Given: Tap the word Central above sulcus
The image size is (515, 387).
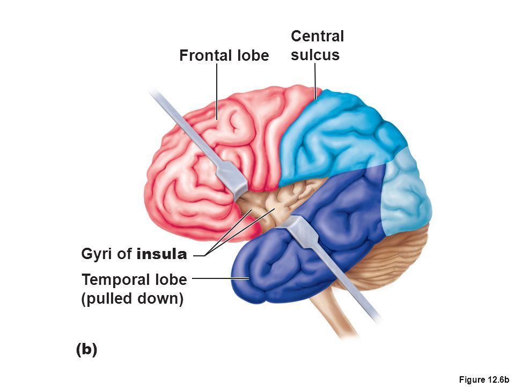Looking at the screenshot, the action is [317, 36].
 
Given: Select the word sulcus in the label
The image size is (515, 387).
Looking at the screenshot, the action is [315, 55].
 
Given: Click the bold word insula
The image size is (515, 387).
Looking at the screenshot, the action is [161, 254].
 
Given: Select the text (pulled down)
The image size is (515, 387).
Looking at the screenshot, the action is [133, 299].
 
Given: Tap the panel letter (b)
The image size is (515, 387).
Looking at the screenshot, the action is [87, 349].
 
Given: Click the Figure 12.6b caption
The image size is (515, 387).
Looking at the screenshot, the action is [484, 379].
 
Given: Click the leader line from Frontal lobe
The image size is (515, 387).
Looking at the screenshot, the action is [217, 91].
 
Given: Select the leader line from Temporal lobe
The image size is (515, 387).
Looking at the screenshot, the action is [220, 278].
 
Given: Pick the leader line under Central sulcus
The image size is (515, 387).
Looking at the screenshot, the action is [315, 81].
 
